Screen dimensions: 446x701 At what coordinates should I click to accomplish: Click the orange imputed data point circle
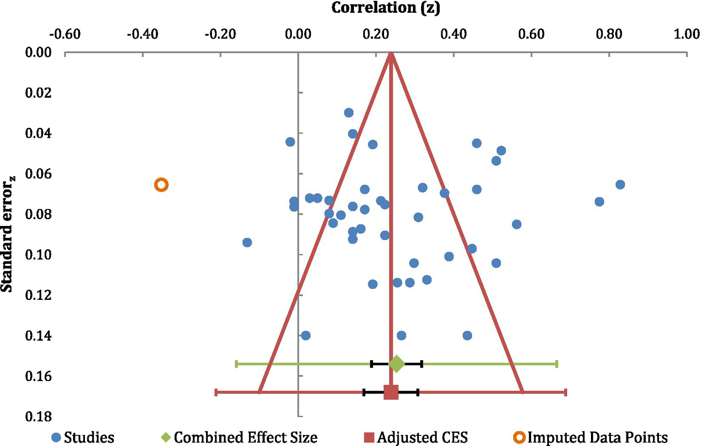pos(161,185)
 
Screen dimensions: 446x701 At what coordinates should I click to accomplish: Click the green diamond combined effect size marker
pos(396,364)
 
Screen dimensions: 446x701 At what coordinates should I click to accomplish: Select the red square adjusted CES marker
pos(391,392)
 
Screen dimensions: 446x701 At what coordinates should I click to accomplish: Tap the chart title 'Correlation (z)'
pos(385,8)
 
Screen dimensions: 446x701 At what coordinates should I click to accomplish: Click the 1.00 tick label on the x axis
pos(686,34)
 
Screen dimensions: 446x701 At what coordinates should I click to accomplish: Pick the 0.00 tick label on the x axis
pos(298,34)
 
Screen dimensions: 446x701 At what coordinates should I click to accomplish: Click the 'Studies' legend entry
pos(83,437)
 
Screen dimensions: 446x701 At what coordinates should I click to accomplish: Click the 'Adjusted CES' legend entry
pos(416,437)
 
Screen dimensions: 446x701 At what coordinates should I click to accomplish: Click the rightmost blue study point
pos(620,184)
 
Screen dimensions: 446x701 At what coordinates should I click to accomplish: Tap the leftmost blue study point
pos(247,242)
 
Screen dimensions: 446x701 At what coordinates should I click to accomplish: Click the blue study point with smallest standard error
pos(349,113)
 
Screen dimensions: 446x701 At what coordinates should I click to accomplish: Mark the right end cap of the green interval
pos(557,364)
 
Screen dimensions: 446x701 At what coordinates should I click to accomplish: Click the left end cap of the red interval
pos(216,392)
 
